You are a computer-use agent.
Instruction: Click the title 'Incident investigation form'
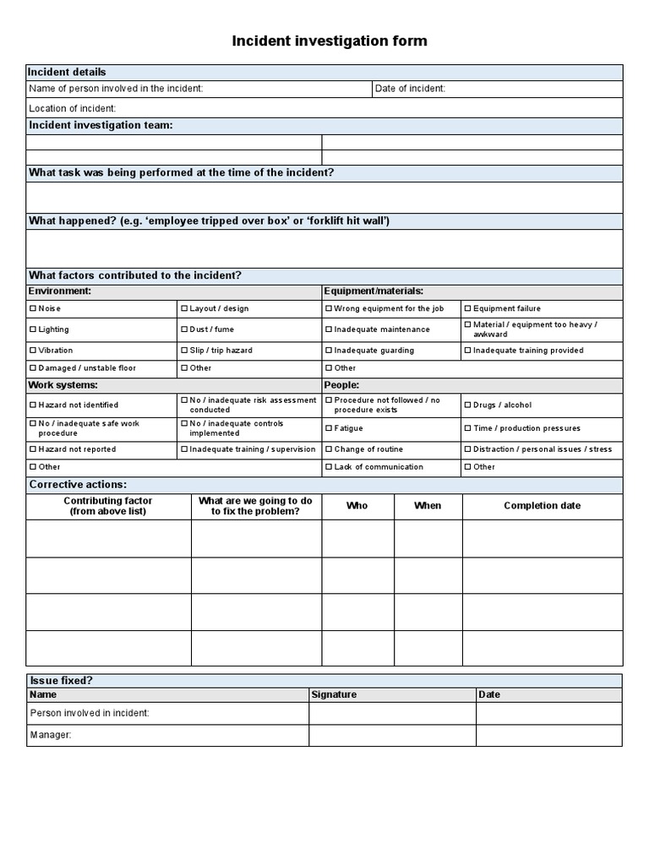point(330,41)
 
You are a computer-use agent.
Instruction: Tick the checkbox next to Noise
point(33,309)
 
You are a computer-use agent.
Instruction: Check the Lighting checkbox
point(33,329)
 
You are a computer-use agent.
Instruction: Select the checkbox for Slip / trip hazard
point(183,351)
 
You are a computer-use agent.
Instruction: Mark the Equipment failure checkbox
point(467,309)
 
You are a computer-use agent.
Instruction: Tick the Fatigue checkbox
point(329,428)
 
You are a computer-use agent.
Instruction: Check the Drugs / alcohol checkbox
point(467,405)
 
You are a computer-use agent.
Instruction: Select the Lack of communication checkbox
point(329,467)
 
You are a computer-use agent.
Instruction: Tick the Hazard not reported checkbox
point(33,449)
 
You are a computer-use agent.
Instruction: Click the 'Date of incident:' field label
point(410,89)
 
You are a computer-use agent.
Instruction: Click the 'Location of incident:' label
point(73,108)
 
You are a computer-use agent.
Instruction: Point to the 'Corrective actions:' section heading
point(78,485)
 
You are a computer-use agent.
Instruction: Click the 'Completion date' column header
point(542,506)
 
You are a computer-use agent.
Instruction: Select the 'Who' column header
point(357,506)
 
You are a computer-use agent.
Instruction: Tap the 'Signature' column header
point(334,694)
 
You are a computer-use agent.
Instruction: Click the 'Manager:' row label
point(51,735)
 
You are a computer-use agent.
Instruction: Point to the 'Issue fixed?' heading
point(61,680)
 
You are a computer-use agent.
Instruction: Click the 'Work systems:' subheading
point(63,385)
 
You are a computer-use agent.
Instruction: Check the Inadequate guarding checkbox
point(329,351)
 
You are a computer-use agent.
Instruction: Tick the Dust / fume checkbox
point(183,329)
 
